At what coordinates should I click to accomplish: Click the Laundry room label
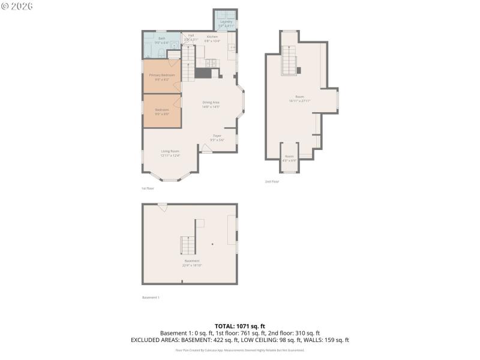pyautogui.click(x=226, y=22)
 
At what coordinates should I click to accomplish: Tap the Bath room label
pyautogui.click(x=162, y=38)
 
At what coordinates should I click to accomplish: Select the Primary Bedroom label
pyautogui.click(x=162, y=75)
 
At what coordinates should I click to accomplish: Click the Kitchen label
pyautogui.click(x=212, y=37)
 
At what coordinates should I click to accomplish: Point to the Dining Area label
pyautogui.click(x=211, y=103)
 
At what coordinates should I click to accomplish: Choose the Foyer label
pyautogui.click(x=217, y=136)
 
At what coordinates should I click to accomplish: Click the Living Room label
pyautogui.click(x=170, y=151)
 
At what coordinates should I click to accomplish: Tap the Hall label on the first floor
pyautogui.click(x=191, y=35)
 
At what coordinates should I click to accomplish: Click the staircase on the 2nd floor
pyautogui.click(x=290, y=61)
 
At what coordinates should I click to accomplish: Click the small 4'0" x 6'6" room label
pyautogui.click(x=290, y=157)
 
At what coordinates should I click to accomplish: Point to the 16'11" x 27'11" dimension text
pyautogui.click(x=299, y=101)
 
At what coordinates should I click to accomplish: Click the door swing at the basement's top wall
pyautogui.click(x=162, y=207)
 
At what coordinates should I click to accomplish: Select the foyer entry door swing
pyautogui.click(x=206, y=148)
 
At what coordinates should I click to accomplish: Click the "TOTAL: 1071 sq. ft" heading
pyautogui.click(x=240, y=326)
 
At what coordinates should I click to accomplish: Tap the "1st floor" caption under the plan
pyautogui.click(x=148, y=188)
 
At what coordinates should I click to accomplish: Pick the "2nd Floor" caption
pyautogui.click(x=272, y=181)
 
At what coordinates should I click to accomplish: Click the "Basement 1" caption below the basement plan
pyautogui.click(x=151, y=297)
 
